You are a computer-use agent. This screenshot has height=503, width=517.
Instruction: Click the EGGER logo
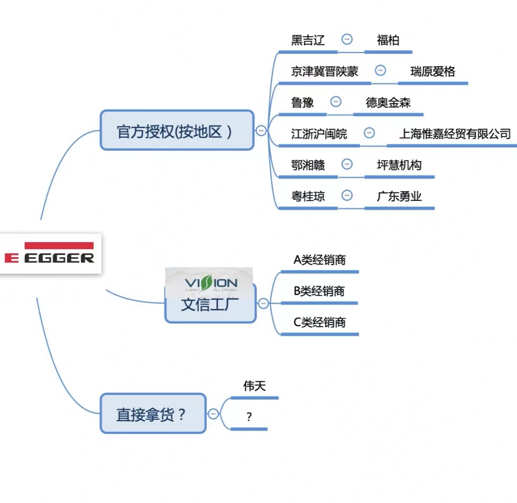pos(50,253)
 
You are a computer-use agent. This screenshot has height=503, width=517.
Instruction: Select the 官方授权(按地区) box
pos(177,130)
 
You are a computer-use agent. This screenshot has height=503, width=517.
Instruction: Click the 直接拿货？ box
pos(153,414)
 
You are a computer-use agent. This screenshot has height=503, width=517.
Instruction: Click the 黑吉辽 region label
pos(308,40)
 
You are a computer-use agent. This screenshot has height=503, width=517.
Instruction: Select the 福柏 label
pos(388,40)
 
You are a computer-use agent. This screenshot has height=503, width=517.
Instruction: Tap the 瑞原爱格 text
pos(432,71)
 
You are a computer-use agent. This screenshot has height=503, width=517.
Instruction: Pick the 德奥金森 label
pos(388,103)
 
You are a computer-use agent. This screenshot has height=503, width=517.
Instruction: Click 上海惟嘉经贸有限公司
pos(455,134)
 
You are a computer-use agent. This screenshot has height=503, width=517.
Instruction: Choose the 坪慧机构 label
pos(399,165)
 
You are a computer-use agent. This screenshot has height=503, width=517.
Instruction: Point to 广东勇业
pos(399,196)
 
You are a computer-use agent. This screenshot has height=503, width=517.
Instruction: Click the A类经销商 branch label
pos(319,260)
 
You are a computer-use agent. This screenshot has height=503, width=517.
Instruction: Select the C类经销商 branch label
pos(319,322)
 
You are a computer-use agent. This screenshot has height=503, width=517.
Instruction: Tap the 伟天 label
pos(254,385)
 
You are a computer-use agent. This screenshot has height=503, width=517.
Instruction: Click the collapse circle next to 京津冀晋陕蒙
pos(380,70)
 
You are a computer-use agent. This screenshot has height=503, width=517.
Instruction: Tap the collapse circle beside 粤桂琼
pos(347,195)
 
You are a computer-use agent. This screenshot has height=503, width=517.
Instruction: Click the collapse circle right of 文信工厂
pos(263,303)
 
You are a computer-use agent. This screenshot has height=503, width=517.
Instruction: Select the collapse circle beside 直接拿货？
pos(213,414)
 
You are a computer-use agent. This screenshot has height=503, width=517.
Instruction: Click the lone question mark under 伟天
pos(249,416)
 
